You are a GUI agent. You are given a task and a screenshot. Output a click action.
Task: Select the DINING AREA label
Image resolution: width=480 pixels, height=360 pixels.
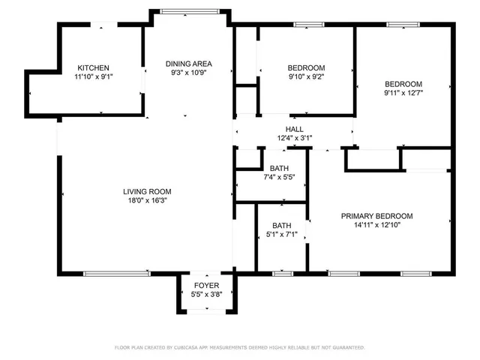(189, 64)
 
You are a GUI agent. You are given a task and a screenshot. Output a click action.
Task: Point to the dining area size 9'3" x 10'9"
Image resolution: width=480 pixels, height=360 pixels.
(189, 73)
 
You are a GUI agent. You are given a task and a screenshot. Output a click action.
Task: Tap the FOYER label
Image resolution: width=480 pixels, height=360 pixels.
(206, 286)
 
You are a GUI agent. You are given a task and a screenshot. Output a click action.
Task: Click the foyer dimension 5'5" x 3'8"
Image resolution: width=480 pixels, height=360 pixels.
(206, 295)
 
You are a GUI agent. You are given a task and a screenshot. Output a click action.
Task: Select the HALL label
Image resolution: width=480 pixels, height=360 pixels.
(294, 129)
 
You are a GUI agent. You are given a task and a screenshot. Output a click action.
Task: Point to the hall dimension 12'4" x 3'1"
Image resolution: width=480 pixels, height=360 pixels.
(294, 139)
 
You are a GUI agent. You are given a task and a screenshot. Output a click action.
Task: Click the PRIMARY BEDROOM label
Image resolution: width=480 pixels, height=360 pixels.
(376, 216)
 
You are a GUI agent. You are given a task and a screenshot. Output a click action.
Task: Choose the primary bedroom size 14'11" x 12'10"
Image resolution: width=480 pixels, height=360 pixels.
(376, 226)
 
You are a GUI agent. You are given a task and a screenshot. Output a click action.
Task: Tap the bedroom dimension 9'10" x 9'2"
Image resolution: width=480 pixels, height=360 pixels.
(306, 76)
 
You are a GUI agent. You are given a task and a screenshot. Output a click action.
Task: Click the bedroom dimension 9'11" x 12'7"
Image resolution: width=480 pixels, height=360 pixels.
(403, 93)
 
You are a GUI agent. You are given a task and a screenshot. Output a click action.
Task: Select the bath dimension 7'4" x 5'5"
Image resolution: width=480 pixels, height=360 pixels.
(279, 178)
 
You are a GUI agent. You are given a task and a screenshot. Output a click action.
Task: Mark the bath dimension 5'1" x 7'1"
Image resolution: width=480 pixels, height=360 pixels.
(282, 235)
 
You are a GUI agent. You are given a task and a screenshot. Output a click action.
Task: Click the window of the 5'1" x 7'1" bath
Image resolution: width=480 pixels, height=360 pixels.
(282, 273)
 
